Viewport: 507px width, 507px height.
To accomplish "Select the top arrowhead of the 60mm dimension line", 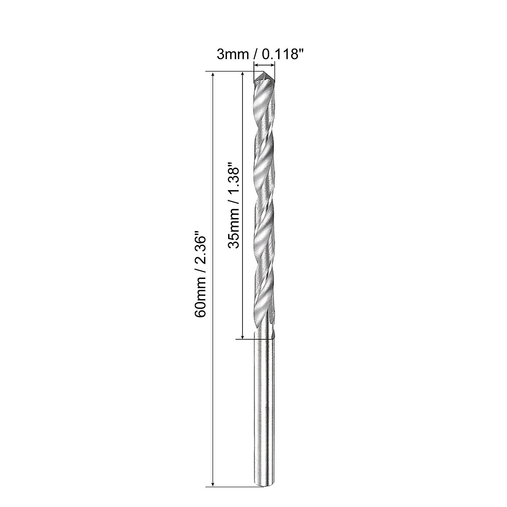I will pyautogui.click(x=213, y=75).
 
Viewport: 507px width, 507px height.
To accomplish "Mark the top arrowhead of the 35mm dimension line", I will pyautogui.click(x=242, y=75).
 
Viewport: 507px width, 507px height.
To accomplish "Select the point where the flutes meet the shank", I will pyautogui.click(x=264, y=337).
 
